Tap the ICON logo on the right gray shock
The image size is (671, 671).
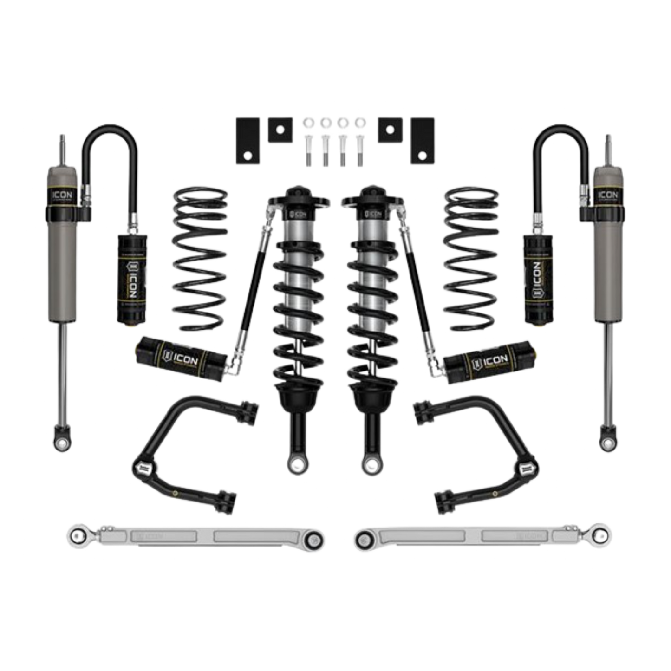608,195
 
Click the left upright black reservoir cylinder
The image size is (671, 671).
131,279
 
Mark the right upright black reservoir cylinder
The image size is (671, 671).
538,279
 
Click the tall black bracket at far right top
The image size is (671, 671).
423,140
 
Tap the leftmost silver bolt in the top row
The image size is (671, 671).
308,139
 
